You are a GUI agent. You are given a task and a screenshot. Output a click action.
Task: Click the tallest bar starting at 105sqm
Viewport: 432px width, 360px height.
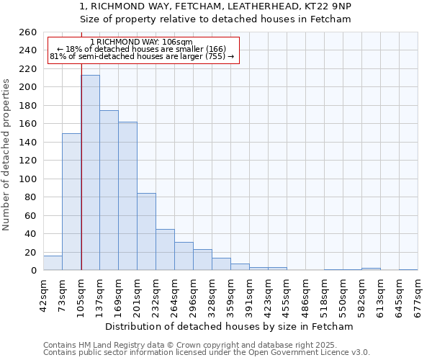(90, 173)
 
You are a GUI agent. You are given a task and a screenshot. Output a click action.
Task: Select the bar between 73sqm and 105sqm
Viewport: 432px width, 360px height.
(71, 202)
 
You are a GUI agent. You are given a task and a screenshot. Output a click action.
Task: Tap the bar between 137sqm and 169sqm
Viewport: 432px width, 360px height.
(109, 190)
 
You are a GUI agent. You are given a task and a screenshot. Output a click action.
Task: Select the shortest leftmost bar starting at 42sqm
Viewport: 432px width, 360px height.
(53, 264)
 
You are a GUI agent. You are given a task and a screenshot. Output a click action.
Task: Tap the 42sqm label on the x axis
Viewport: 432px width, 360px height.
(43, 292)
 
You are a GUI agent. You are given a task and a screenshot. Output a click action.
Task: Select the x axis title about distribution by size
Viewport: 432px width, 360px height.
(229, 327)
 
